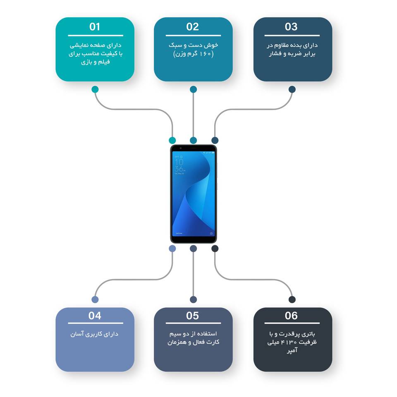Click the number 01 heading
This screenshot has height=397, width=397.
coord(95,27)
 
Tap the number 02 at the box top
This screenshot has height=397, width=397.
coord(193,27)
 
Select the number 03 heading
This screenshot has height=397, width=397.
coord(291,27)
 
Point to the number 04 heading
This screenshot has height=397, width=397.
coord(95,316)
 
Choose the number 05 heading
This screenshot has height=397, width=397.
coord(193,316)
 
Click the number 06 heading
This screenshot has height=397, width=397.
coord(291,316)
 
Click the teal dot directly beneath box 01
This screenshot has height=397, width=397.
coord(95,89)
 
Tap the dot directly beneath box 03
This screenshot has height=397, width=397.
coord(292,89)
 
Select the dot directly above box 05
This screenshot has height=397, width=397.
coord(193,299)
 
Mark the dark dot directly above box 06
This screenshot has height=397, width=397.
coord(292,299)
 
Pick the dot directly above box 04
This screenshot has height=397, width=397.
coord(95,299)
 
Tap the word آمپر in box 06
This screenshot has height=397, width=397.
coord(292,352)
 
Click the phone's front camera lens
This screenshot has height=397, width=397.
coord(180,148)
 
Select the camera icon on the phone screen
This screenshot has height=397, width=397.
coord(211,234)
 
